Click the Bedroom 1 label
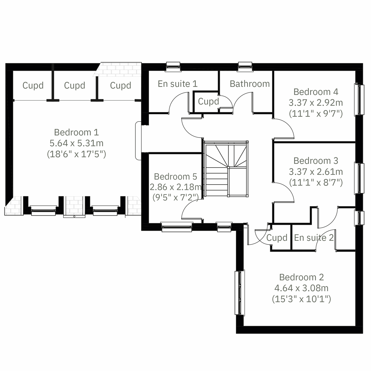(x=76, y=132)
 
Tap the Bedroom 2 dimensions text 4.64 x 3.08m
(x=301, y=288)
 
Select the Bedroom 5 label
(x=175, y=177)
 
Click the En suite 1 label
(x=177, y=84)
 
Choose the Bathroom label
(x=249, y=84)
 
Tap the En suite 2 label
(x=314, y=238)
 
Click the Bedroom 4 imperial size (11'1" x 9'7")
(x=316, y=113)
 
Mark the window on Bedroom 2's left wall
(x=240, y=293)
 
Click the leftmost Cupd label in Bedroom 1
(x=33, y=86)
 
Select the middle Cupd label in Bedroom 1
(x=75, y=86)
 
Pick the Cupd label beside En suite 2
(x=277, y=238)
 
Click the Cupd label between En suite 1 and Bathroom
(x=208, y=101)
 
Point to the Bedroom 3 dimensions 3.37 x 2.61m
(x=316, y=172)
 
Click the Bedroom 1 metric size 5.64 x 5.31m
(x=76, y=143)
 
